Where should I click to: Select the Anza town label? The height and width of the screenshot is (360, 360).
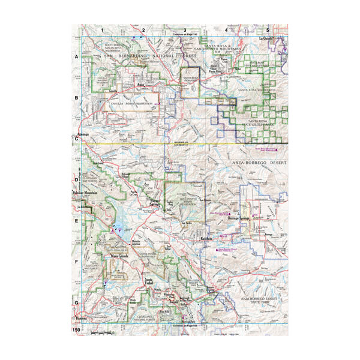click(x=142, y=85)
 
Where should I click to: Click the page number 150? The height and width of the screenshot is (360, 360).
click(x=77, y=331)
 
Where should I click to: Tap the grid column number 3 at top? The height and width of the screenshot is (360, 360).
click(x=185, y=29)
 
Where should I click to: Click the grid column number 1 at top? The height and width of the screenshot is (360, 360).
click(x=103, y=29)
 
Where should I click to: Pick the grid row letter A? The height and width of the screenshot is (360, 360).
click(x=77, y=57)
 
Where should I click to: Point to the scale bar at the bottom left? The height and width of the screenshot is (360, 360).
click(x=99, y=331)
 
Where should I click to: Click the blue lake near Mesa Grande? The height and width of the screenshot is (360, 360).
click(x=118, y=227)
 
